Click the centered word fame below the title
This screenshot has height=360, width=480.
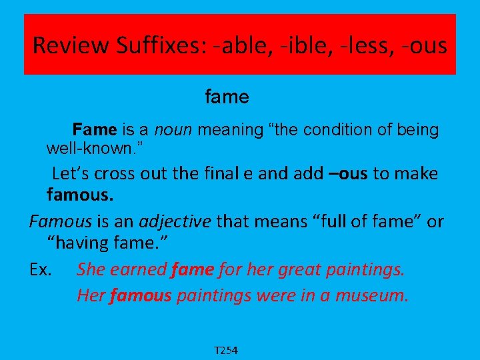tap(227, 97)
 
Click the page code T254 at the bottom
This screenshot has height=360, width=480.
tap(226, 350)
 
